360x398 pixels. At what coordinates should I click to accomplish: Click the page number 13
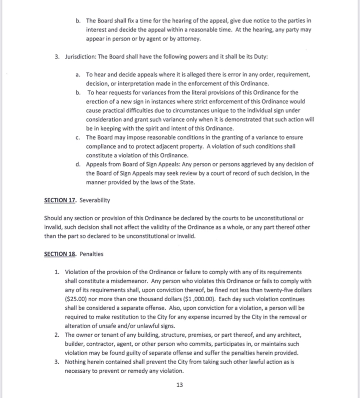tap(180, 385)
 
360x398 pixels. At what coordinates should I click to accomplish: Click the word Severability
tap(95, 200)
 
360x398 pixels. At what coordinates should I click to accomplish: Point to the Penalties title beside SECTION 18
tap(91, 254)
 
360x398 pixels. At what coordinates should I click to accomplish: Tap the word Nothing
tap(76, 362)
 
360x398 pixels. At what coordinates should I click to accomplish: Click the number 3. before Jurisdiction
tap(57, 57)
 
